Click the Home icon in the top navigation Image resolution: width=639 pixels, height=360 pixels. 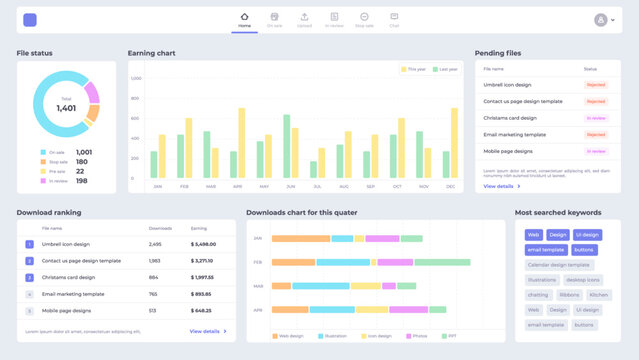(x=245, y=17)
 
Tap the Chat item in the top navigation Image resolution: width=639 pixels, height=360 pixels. (x=394, y=17)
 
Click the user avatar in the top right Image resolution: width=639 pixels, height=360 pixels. (x=601, y=19)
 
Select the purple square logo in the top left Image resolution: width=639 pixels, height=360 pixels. (x=30, y=20)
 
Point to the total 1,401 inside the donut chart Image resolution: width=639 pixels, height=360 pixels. (x=66, y=107)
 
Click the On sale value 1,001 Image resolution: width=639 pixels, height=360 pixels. (x=84, y=152)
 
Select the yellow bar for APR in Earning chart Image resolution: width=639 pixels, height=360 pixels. (x=241, y=143)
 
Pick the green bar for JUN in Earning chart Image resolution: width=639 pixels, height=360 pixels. (x=287, y=146)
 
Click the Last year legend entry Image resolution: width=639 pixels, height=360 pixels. (x=447, y=69)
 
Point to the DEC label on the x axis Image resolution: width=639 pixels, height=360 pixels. (x=451, y=186)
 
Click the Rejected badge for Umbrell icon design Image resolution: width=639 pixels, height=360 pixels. (x=596, y=85)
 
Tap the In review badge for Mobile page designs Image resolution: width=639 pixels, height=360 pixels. (x=596, y=151)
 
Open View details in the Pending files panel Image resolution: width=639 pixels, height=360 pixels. (x=501, y=186)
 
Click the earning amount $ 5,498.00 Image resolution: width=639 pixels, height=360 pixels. (x=203, y=244)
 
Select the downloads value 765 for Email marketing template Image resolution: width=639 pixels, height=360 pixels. (x=153, y=294)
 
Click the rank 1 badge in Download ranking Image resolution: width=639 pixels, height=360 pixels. (x=29, y=244)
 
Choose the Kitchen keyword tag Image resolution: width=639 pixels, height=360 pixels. (x=598, y=295)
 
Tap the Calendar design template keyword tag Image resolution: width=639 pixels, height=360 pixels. (x=558, y=265)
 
